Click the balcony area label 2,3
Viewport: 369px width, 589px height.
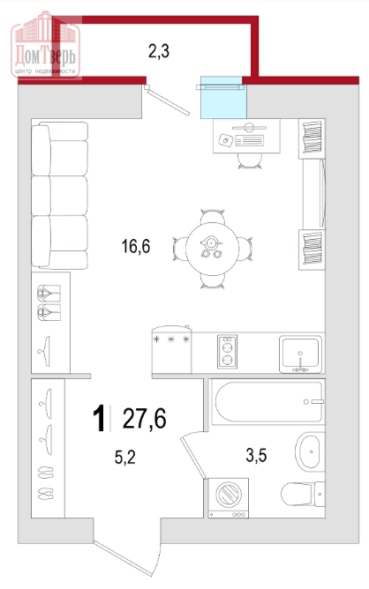tap(159, 51)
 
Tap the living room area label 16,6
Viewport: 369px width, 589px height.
tap(136, 246)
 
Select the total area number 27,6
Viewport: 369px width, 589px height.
tap(145, 418)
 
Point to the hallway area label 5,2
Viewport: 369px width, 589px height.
tap(124, 457)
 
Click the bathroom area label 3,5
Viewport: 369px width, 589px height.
tap(256, 455)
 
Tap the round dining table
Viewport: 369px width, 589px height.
tap(212, 249)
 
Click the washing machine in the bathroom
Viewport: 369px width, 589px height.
tap(229, 498)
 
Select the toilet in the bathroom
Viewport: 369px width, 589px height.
tap(303, 494)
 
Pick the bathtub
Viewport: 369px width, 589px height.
tap(267, 401)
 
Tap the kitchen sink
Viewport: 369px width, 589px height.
tap(300, 354)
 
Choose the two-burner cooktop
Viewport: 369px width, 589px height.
tap(227, 352)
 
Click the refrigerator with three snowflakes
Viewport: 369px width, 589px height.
tap(171, 349)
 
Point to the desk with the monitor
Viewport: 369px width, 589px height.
tap(247, 136)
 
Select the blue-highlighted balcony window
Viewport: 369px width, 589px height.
tap(223, 97)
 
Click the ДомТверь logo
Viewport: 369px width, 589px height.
tap(46, 45)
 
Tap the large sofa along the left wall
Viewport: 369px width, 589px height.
tap(59, 196)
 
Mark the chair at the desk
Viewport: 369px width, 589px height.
tap(250, 160)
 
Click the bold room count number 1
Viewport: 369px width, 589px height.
tap(99, 419)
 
